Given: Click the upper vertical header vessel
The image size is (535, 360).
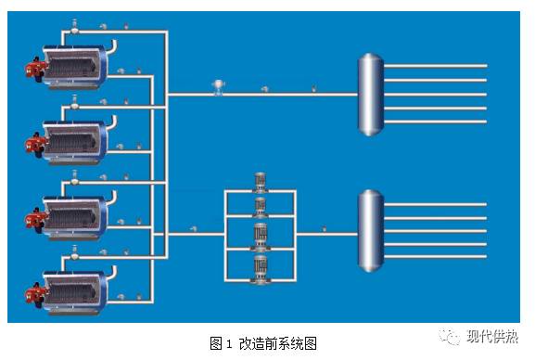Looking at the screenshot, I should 370,95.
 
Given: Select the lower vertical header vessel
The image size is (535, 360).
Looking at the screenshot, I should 370,233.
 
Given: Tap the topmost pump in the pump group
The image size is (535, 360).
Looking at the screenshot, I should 260,184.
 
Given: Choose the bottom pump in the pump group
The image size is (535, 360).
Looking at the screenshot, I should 260,270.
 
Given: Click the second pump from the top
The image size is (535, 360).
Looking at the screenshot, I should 260,207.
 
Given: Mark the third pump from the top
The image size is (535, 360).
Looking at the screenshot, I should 260,234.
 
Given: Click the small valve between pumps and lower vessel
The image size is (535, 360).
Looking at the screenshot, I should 323,229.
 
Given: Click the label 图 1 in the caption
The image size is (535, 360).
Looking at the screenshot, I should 220,343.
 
